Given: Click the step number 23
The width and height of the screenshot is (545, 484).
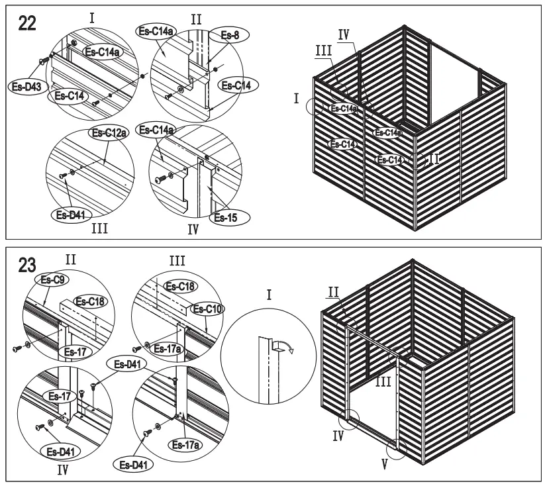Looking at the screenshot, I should pyautogui.click(x=27, y=267).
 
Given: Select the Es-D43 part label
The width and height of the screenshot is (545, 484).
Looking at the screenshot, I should pyautogui.click(x=24, y=85).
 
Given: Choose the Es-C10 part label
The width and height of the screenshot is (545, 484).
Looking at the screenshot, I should pyautogui.click(x=204, y=309).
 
